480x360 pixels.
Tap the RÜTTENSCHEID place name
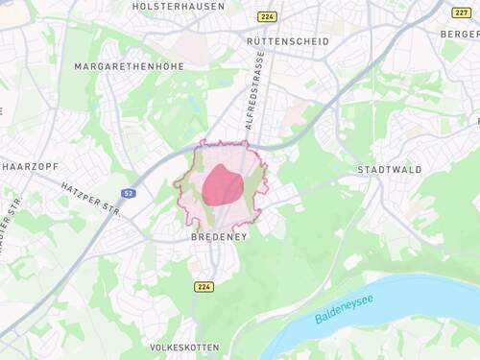[287, 41]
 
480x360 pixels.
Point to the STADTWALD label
[389, 170]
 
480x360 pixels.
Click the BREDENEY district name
[218, 236]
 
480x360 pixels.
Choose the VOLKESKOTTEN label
[185, 347]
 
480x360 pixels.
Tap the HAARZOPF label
[26, 166]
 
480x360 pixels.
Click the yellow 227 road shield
[462, 12]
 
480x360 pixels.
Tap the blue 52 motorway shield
[129, 193]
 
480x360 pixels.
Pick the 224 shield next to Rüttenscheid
[266, 16]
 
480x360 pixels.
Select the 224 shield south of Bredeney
[204, 286]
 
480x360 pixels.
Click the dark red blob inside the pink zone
[223, 184]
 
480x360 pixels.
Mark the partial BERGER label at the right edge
[461, 34]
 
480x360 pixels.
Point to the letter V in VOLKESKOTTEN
[154, 347]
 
